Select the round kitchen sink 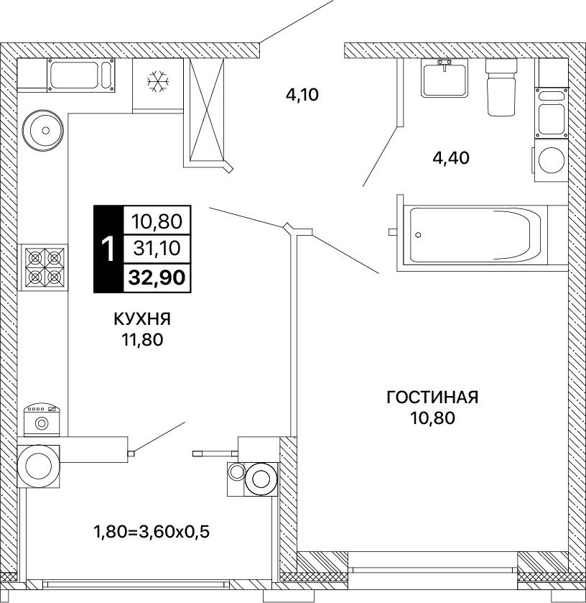click(x=42, y=130)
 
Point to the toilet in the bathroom click(x=502, y=87)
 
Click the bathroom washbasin click(x=445, y=78)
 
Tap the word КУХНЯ click(x=142, y=319)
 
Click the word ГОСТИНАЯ click(x=432, y=397)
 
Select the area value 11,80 click(x=143, y=340)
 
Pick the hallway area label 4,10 click(x=302, y=95)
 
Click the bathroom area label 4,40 click(x=451, y=158)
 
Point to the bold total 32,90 click(x=157, y=277)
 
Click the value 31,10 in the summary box click(x=157, y=249)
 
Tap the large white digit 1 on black click(x=108, y=249)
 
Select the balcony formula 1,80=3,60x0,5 click(x=152, y=533)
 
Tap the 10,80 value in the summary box click(x=157, y=221)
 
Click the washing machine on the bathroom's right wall click(x=551, y=160)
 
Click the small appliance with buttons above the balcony click(x=42, y=420)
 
